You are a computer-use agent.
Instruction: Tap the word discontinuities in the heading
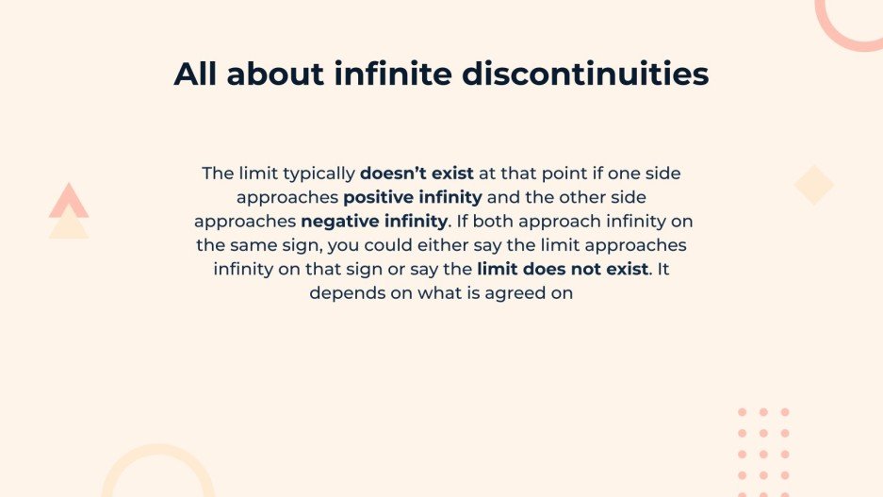coord(585,74)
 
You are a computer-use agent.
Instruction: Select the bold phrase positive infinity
coord(413,198)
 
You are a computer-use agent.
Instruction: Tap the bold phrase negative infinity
coord(374,222)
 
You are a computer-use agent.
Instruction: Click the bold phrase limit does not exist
coord(564,269)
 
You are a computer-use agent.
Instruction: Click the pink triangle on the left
coord(69,202)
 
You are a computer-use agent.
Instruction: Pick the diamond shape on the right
coord(813,185)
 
